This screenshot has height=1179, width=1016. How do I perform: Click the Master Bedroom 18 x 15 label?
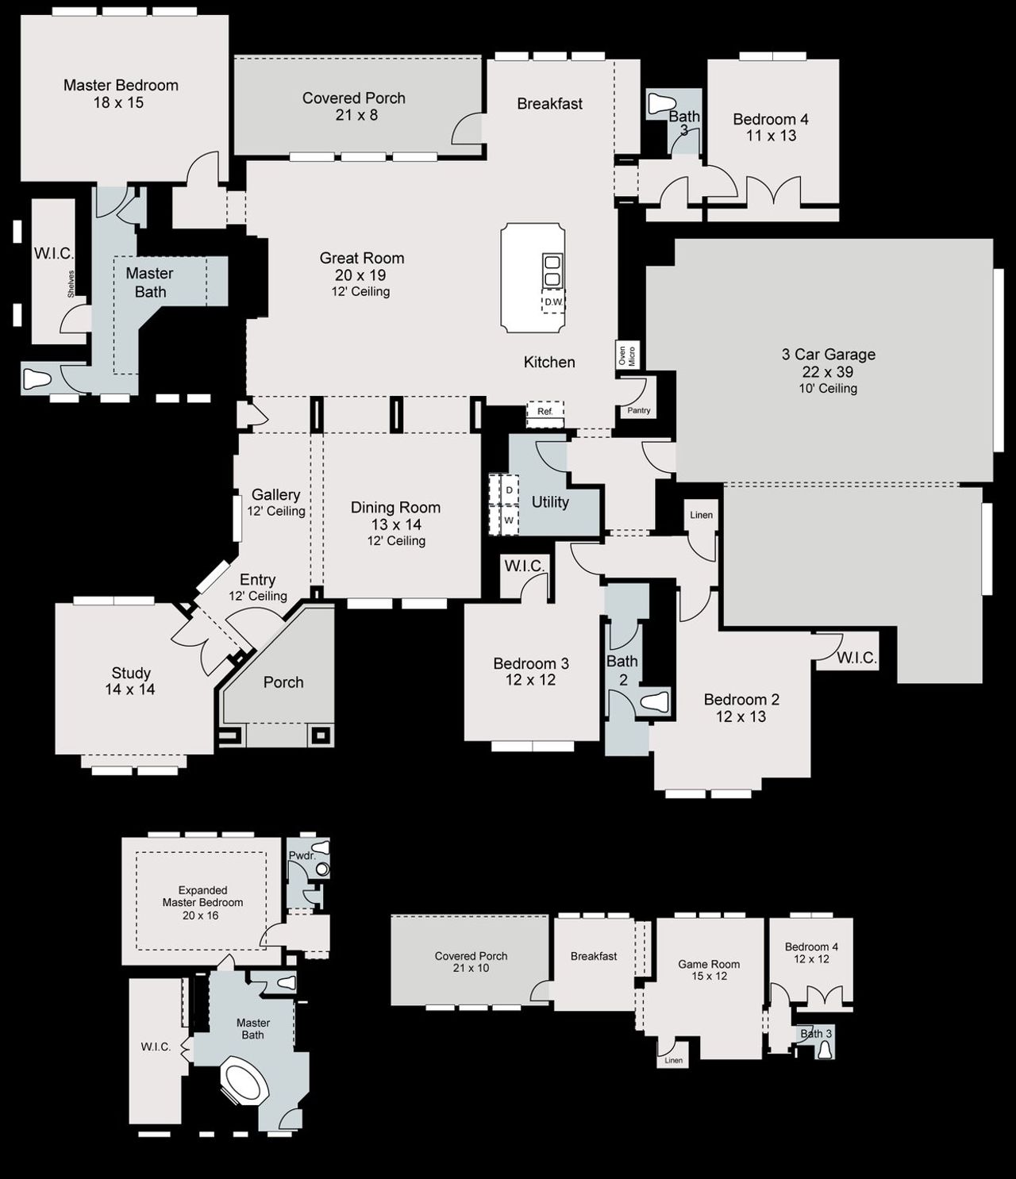tap(121, 94)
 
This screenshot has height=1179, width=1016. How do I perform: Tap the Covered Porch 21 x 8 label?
tap(354, 106)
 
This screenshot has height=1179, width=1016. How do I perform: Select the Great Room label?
tap(362, 259)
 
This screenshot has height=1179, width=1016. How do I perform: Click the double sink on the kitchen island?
tap(552, 271)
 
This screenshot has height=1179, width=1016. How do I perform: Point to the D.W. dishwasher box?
tap(553, 302)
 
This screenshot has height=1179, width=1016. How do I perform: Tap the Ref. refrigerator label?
tap(545, 412)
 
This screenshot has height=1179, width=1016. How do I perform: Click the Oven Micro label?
tap(627, 355)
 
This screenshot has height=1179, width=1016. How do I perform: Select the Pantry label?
tap(638, 410)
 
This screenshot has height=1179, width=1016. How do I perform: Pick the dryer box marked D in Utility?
tap(509, 490)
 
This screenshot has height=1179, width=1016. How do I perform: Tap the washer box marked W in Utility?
tap(509, 520)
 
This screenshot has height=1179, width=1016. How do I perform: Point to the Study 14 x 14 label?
tap(131, 681)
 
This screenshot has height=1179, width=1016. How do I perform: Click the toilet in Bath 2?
tap(655, 701)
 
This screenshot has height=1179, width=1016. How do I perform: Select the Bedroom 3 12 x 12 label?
tap(530, 671)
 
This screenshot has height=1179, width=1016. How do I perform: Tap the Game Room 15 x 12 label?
tap(709, 970)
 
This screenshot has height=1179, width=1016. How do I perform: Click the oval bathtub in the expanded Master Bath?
tap(244, 1079)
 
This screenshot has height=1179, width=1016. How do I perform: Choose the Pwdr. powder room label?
tap(302, 856)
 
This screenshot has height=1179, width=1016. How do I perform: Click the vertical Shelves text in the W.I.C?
tap(71, 284)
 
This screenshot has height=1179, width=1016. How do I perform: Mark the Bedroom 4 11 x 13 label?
tap(770, 127)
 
